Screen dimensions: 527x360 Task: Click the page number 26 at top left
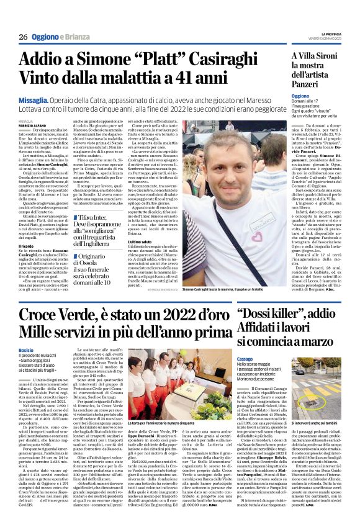22,37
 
